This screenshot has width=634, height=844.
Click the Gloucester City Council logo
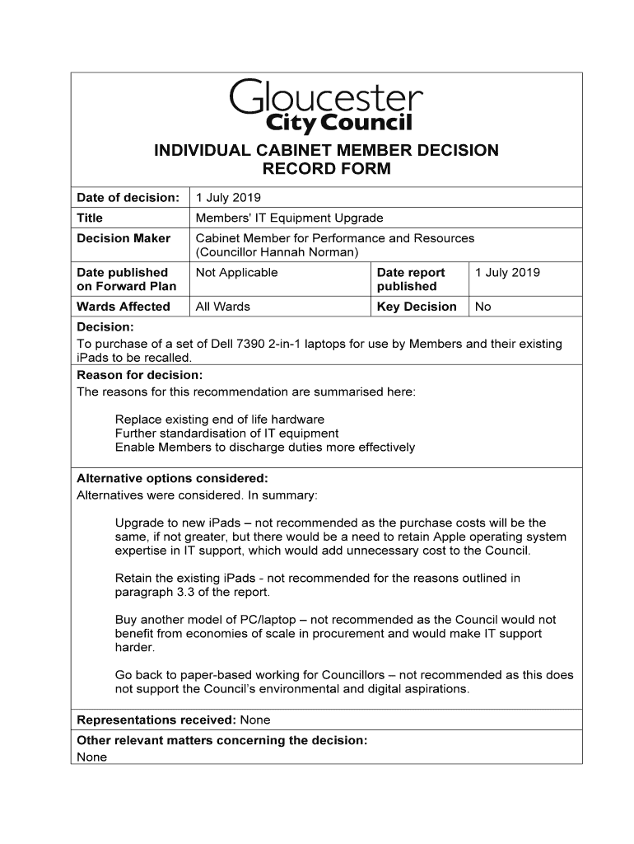(326, 105)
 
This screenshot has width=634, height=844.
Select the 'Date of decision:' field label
(128, 198)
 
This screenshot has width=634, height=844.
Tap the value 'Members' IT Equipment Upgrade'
(289, 218)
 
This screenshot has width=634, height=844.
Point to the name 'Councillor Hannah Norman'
(277, 252)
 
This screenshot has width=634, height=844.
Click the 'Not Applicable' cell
(236, 273)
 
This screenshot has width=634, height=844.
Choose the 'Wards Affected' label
(124, 307)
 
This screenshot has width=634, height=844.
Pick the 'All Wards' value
(222, 307)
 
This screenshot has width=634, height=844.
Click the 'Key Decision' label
(417, 307)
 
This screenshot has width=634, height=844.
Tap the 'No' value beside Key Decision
(483, 307)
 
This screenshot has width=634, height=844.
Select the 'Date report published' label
(411, 279)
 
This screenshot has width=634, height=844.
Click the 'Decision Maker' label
(124, 238)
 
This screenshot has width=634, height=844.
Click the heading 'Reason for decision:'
(133, 375)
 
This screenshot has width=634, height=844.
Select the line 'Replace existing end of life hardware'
(220, 420)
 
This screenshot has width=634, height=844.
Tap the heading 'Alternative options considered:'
(172, 478)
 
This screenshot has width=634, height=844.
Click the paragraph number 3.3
(184, 592)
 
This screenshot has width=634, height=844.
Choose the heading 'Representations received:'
(154, 720)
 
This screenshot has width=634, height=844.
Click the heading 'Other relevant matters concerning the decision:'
(221, 740)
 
